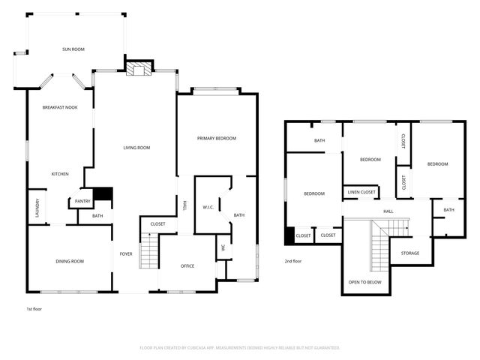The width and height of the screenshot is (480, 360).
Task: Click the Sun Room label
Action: click(73, 49)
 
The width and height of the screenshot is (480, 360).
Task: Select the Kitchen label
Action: click(60, 174)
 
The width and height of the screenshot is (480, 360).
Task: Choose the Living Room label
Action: click(136, 148)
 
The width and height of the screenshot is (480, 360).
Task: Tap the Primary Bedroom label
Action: click(217, 139)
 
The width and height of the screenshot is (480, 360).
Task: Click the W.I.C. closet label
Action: click(208, 207)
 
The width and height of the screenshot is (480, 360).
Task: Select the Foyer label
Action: click(126, 253)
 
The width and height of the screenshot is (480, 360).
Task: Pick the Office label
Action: click(187, 265)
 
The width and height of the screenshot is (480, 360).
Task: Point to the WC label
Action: click(223, 247)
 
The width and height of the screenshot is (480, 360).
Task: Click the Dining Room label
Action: click(70, 261)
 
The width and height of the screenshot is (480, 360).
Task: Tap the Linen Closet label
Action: click(361, 193)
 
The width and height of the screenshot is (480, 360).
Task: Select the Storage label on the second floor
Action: click(409, 253)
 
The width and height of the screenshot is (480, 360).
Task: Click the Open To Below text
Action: click(364, 282)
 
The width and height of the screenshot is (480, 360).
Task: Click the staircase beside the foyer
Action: click(150, 250)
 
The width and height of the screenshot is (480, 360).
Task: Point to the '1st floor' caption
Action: click(34, 308)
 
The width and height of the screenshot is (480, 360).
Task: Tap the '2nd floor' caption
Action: click(292, 261)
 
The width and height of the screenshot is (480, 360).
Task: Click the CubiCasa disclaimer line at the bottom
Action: click(240, 348)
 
